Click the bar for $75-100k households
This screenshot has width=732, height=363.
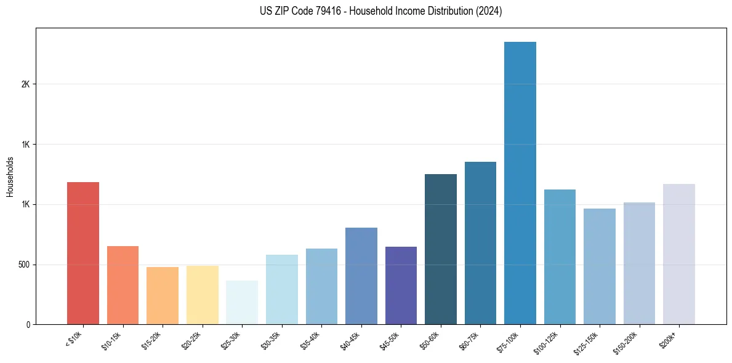tap(520, 183)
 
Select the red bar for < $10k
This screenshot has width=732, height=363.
tap(83, 253)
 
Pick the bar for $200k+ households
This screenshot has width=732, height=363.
tap(678, 254)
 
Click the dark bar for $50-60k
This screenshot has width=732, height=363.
tap(440, 249)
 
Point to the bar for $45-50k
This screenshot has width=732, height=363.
tap(401, 285)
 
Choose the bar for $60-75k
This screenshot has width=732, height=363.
tap(480, 243)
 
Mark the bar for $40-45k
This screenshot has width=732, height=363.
tap(361, 276)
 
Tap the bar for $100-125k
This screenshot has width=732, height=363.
tap(560, 257)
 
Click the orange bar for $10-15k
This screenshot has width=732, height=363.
tap(123, 285)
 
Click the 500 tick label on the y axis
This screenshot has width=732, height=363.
tap(24, 265)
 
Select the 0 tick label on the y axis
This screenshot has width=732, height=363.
tap(28, 324)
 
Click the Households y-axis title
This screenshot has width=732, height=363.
tap(10, 177)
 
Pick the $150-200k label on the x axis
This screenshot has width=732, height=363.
tap(626, 342)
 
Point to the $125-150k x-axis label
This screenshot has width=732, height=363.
tap(587, 342)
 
